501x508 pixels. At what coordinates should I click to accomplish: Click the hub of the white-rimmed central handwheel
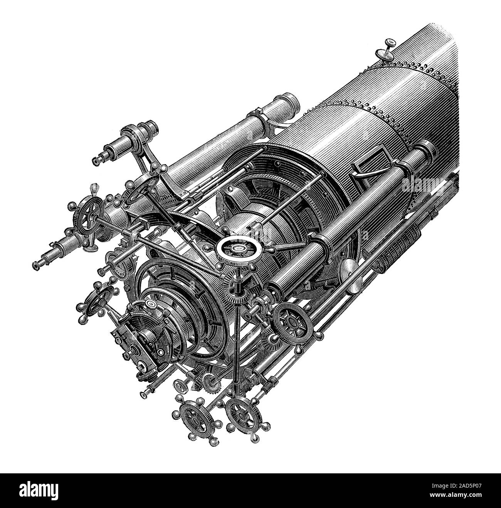pos(240,248)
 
